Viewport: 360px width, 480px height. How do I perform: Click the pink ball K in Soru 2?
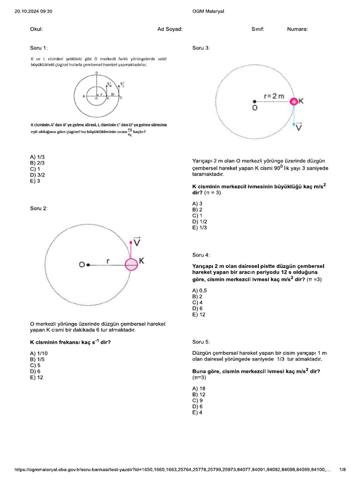tap(131, 264)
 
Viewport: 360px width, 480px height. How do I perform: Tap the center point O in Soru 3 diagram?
tap(254, 102)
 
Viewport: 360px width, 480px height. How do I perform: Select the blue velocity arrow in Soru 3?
tap(294, 117)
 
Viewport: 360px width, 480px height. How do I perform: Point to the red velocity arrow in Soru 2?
tap(131, 248)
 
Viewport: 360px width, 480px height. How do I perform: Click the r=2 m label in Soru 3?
tap(274, 96)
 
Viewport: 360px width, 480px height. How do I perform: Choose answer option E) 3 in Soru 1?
tap(35, 181)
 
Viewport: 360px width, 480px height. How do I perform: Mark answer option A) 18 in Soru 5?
tap(199, 389)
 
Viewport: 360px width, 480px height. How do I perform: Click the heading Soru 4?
tap(201, 255)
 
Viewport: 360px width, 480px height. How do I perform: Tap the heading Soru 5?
tap(201, 342)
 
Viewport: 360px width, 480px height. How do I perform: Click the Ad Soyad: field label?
tap(170, 29)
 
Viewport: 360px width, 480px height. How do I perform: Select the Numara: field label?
tap(298, 29)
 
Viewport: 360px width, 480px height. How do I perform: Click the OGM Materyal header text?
tap(208, 11)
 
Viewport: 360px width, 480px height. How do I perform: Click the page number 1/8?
tap(342, 469)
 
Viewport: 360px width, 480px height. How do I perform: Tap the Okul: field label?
tap(36, 29)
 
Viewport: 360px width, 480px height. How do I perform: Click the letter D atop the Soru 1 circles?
tap(97, 73)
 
